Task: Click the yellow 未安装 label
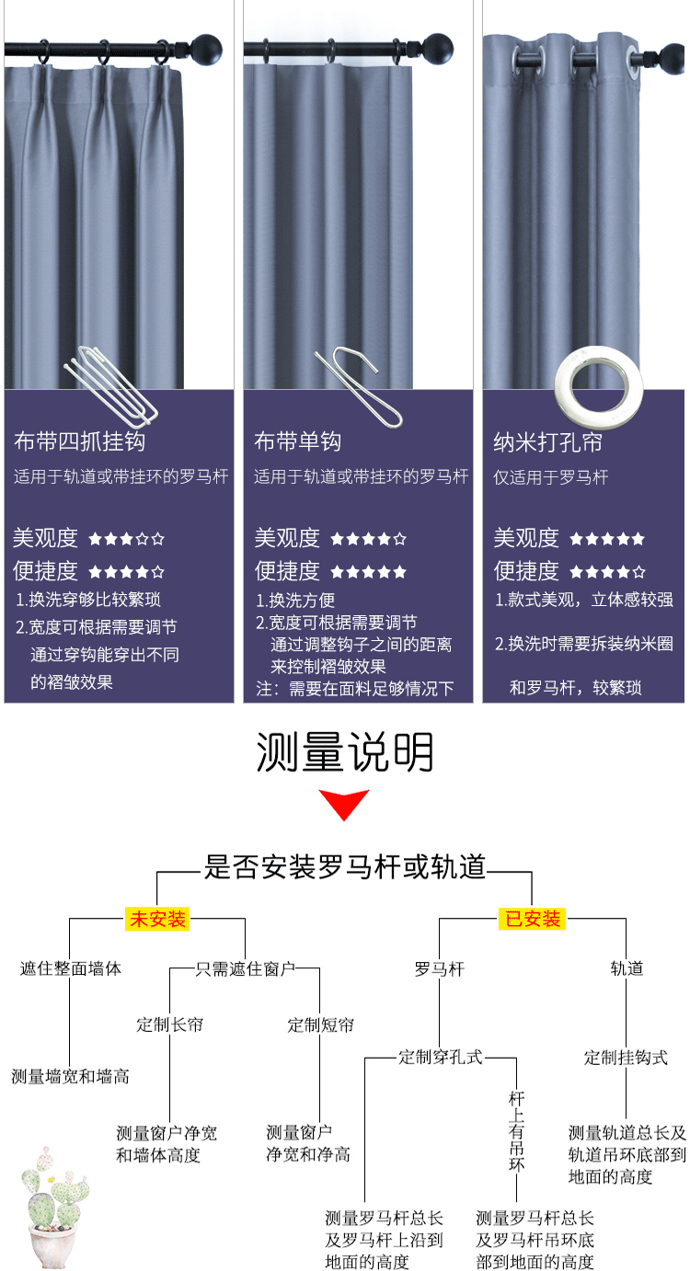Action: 157,919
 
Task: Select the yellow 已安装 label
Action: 532,919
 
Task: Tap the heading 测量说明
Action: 344,753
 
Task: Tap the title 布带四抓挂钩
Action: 79,441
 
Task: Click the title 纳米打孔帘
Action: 548,442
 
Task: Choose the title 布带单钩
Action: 298,441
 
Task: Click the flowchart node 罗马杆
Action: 439,968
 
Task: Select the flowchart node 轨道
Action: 627,968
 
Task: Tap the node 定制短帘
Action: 320,1025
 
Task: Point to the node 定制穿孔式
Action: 440,1057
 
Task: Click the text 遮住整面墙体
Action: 71,968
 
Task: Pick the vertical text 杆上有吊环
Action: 517,1131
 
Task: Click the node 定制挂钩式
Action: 626,1058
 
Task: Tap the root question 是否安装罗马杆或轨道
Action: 344,867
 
